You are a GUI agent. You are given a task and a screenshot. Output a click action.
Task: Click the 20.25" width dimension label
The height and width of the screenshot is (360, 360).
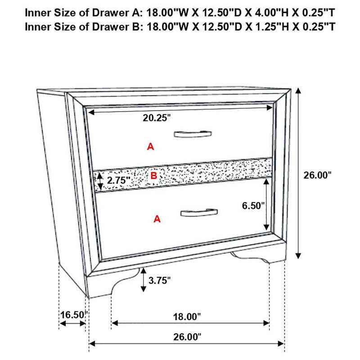(x=157, y=118)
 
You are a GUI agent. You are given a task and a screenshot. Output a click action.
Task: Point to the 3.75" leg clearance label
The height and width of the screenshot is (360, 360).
(x=159, y=281)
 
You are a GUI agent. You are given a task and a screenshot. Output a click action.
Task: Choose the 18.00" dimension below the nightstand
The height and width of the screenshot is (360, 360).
(x=187, y=317)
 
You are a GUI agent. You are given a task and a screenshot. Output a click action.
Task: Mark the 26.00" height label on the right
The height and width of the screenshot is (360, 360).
(x=317, y=175)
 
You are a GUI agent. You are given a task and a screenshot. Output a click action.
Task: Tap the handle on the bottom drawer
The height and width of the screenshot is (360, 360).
(x=199, y=212)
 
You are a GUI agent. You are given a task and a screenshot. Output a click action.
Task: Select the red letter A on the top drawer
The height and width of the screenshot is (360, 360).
(x=150, y=146)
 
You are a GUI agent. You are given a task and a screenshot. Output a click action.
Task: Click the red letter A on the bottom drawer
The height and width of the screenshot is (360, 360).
(x=157, y=219)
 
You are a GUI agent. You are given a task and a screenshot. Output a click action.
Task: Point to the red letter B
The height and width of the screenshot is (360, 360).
(x=153, y=176)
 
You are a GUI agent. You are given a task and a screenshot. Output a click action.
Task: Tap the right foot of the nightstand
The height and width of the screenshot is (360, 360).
(x=256, y=257)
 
